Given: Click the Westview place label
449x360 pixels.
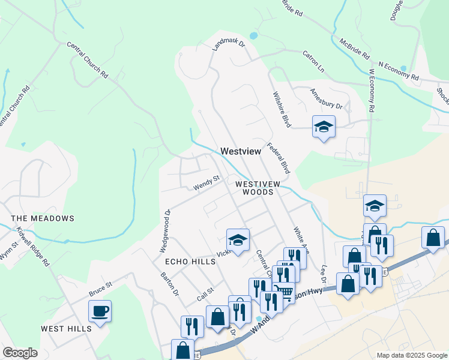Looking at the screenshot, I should [241, 152].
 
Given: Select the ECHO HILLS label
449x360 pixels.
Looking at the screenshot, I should [190, 262].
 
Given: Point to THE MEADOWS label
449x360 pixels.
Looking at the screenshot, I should [43, 218].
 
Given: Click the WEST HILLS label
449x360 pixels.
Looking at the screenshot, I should [66, 328].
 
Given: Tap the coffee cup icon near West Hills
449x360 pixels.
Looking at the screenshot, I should [100, 311].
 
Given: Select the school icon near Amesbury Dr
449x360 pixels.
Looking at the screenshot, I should [324, 127].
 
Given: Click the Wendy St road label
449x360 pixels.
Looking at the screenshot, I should [207, 183].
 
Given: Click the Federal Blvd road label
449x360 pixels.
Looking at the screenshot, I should [279, 158].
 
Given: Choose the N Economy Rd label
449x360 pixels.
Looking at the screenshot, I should [398, 70].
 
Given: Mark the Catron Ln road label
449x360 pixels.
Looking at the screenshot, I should [313, 62].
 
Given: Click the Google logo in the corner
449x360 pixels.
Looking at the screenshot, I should [20, 353].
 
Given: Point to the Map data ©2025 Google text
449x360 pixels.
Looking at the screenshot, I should [411, 355].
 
